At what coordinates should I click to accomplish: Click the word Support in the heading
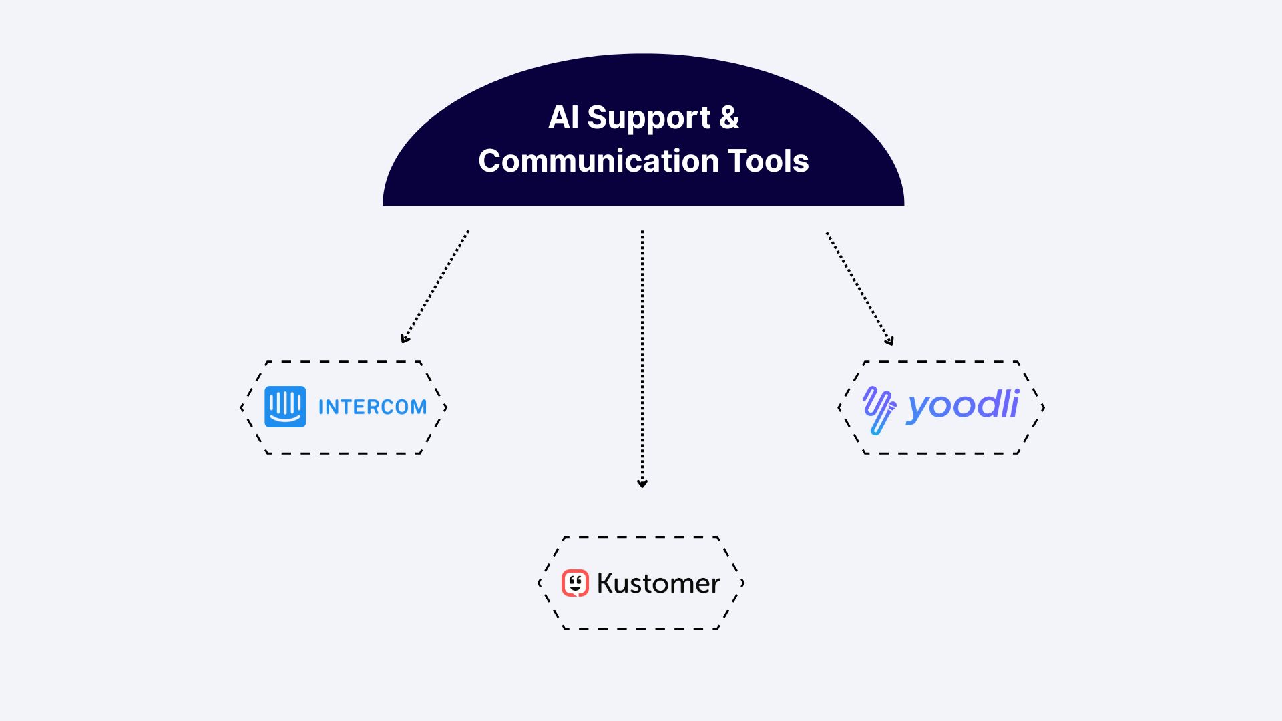tap(648, 119)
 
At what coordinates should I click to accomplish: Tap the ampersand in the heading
tap(729, 117)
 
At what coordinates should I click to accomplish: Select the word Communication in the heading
tap(598, 161)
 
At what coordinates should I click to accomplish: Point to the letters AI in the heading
tap(563, 117)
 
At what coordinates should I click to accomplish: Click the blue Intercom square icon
tap(285, 407)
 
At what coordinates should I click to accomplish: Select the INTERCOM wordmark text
tap(373, 407)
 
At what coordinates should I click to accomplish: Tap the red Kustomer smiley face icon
tap(575, 583)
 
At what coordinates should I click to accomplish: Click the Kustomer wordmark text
tap(658, 583)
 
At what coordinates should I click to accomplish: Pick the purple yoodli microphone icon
tap(879, 409)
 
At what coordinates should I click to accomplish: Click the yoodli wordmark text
tap(963, 405)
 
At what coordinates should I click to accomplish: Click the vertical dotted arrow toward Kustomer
tap(642, 354)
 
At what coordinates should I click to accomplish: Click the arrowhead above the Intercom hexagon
tap(405, 339)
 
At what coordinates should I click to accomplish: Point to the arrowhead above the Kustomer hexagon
tap(642, 483)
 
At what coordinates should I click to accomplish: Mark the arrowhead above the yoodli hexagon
tap(889, 341)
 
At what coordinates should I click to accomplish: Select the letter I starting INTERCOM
tap(321, 407)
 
